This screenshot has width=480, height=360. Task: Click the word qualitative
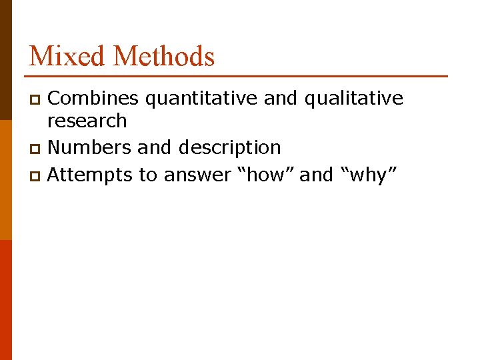(x=353, y=99)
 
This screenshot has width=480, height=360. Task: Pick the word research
(x=87, y=121)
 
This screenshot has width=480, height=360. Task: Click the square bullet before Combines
(x=37, y=100)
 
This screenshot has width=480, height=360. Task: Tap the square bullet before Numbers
(x=37, y=148)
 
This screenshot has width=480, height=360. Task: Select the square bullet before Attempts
(x=37, y=175)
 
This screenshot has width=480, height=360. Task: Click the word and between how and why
(x=316, y=175)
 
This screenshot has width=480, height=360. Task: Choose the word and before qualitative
(x=281, y=99)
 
